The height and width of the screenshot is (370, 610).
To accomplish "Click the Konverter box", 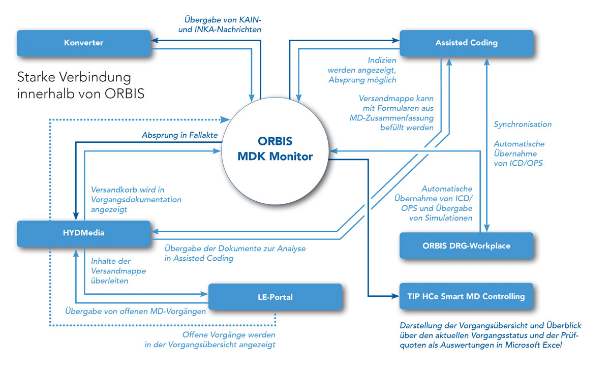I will [83, 43].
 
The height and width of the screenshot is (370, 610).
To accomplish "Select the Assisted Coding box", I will [466, 43].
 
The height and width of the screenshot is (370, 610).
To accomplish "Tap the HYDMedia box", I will [83, 233].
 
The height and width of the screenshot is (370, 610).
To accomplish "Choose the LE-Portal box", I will [276, 296].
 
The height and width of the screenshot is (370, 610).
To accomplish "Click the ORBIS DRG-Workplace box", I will [466, 245].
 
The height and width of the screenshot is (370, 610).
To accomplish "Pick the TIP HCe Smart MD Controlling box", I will [466, 296].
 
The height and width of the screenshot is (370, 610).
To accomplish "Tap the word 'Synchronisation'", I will [523, 124].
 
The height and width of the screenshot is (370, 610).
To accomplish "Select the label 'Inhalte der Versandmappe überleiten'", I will [118, 271].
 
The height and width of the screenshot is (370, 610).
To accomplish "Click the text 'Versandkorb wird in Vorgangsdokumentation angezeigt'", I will [136, 199].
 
